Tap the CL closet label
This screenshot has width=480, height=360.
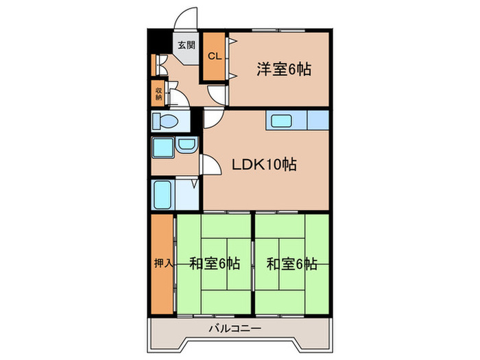click(x=213, y=56)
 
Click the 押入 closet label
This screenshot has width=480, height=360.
click(x=162, y=263)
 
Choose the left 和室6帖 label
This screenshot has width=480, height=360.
click(x=215, y=263)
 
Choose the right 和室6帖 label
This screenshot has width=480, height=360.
click(x=291, y=263)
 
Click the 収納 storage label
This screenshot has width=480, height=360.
click(x=158, y=93)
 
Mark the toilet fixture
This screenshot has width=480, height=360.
click(x=165, y=122)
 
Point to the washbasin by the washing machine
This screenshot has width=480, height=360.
click(x=186, y=146)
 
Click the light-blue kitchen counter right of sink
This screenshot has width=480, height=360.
click(x=317, y=121)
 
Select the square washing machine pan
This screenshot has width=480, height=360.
click(x=163, y=147)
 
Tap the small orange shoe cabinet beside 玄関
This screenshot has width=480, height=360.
click(x=154, y=64)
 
